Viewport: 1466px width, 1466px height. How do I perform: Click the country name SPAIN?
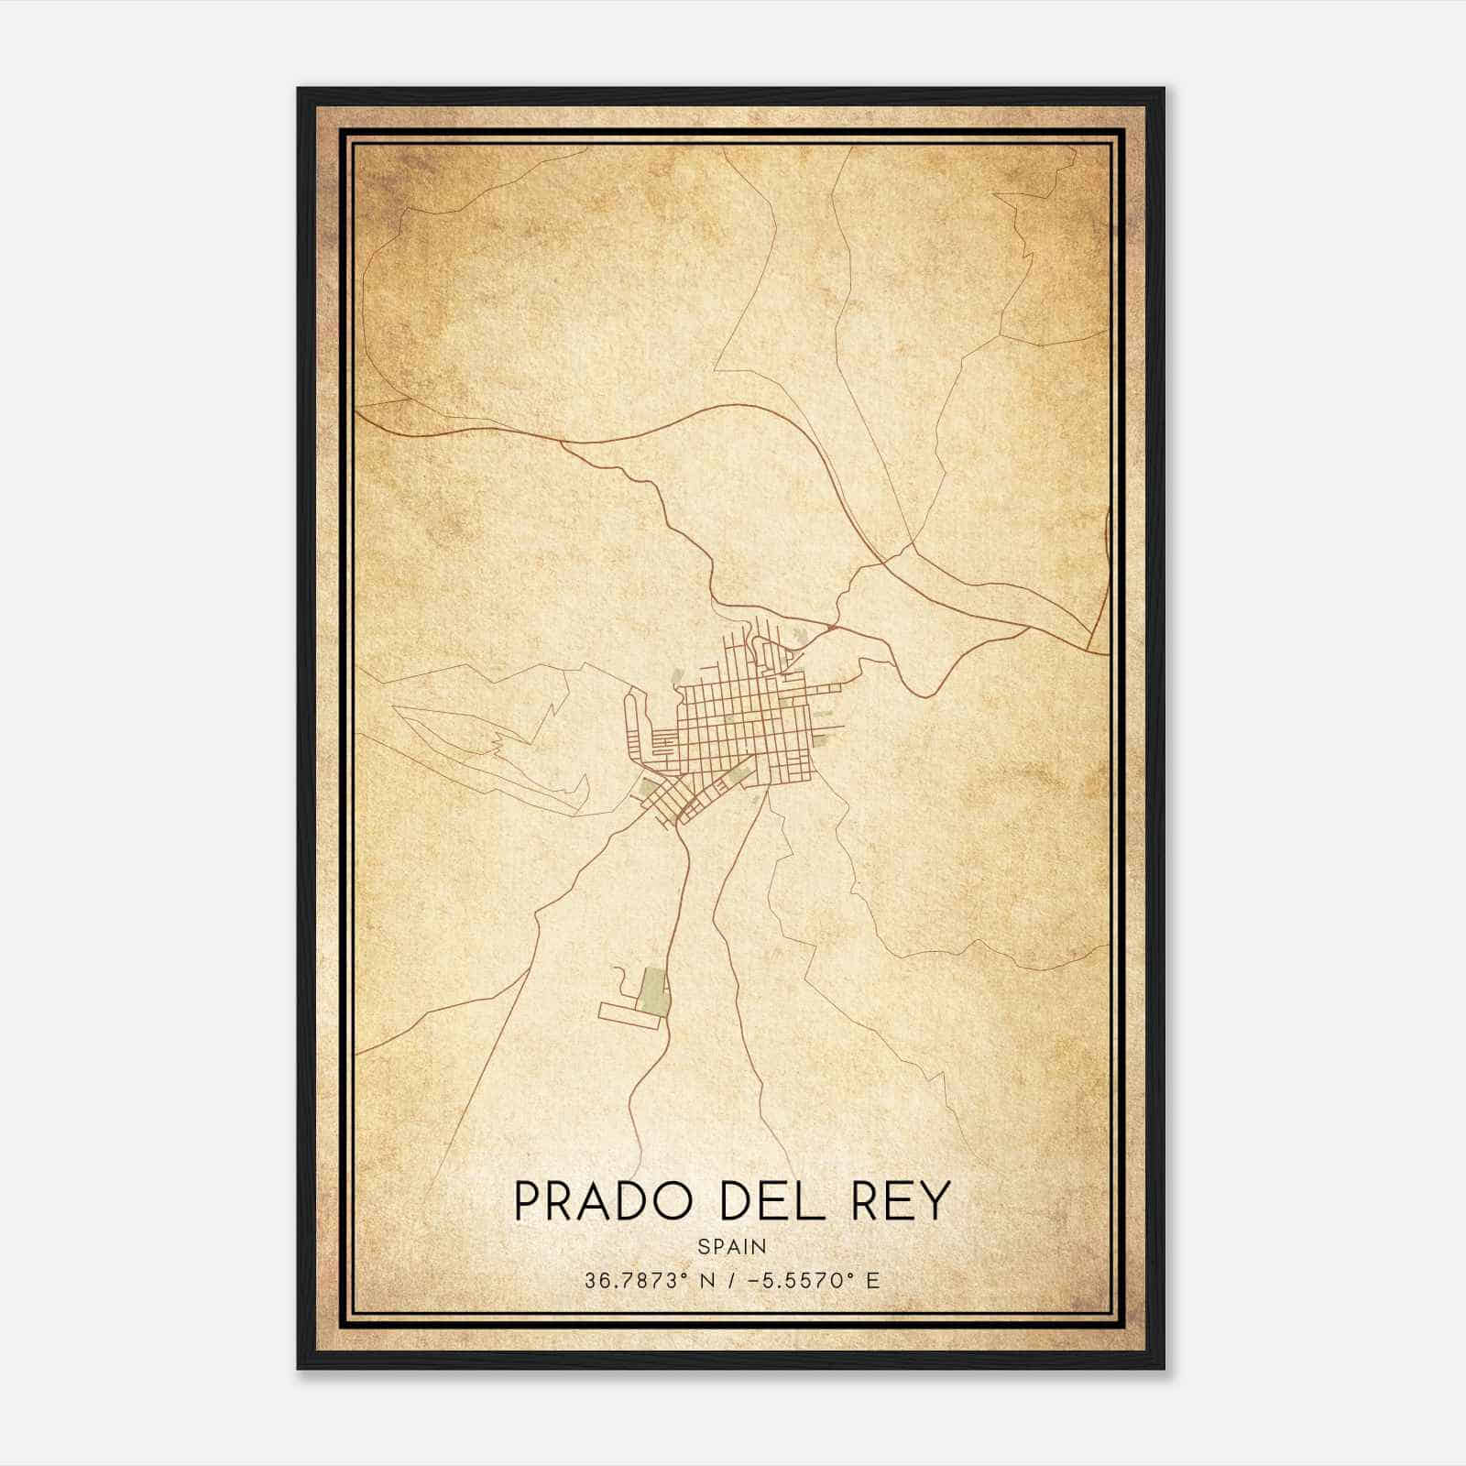tap(732, 1247)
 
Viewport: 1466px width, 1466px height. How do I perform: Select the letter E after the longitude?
tap(872, 1281)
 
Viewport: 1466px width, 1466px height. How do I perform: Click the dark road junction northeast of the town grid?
tap(829, 629)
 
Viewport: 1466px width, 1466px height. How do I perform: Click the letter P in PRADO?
tap(529, 1201)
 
